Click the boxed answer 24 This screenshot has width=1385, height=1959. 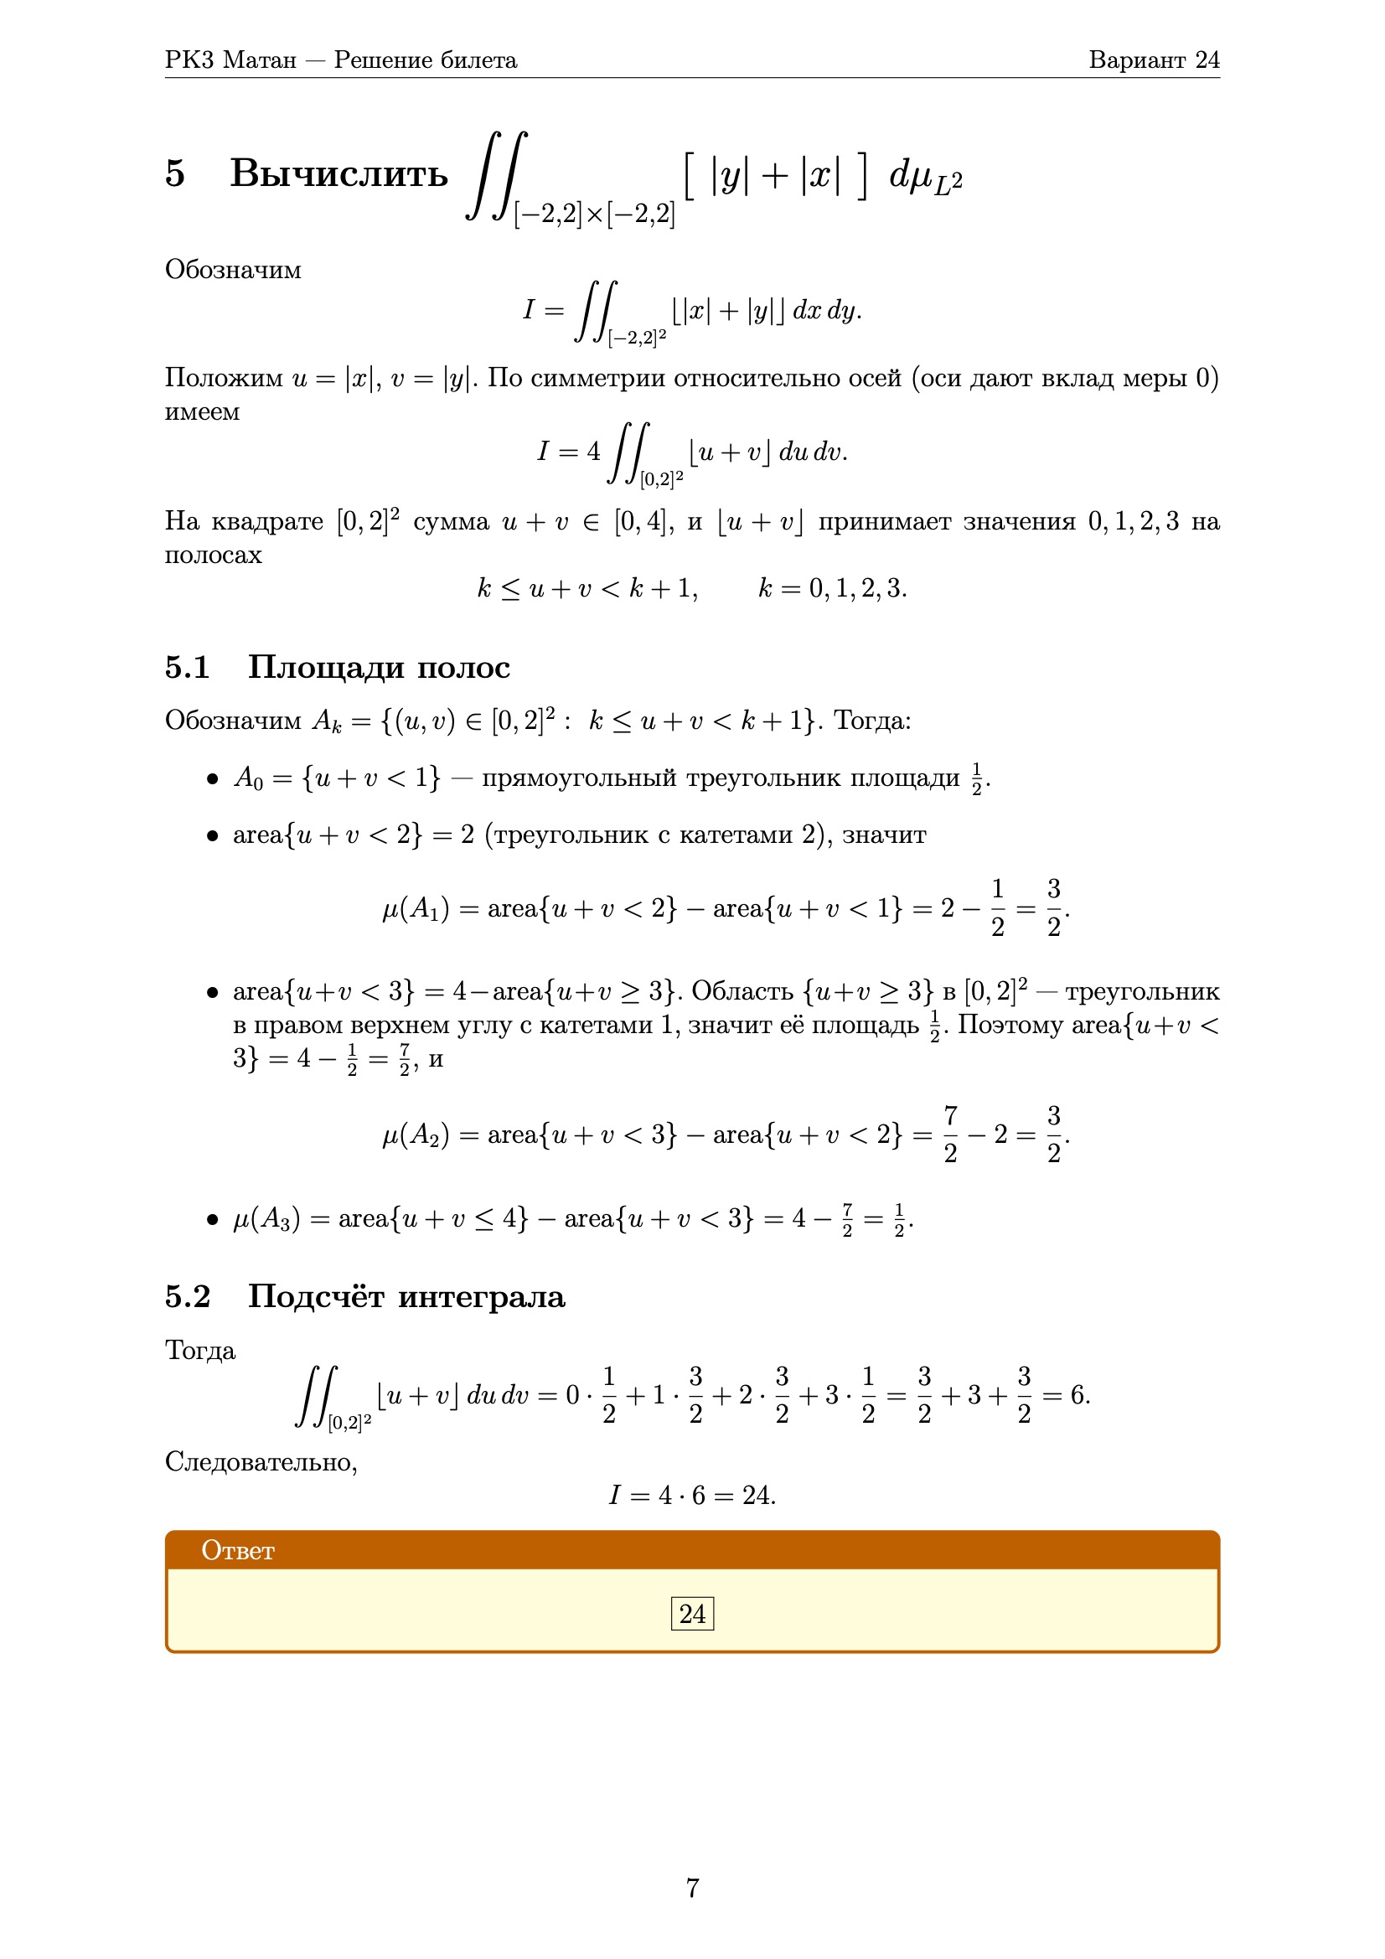691,1614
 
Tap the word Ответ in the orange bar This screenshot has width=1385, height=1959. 237,1550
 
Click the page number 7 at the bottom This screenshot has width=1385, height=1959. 692,1887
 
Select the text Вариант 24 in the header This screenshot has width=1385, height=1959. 1153,59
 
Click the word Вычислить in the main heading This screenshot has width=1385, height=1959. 338,173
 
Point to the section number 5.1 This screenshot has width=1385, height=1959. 187,667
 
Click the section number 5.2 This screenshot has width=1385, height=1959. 187,1296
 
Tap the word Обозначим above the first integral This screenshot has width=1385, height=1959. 233,270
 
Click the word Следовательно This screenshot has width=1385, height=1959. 261,1461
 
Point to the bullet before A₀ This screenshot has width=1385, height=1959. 213,779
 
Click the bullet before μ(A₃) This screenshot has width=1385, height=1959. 213,1220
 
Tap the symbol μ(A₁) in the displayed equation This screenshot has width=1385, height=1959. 416,908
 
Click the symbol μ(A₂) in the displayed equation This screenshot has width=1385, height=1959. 416,1135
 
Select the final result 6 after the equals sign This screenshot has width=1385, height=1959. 1078,1395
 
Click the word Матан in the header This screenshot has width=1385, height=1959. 260,59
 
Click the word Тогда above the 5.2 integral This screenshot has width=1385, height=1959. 199,1351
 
